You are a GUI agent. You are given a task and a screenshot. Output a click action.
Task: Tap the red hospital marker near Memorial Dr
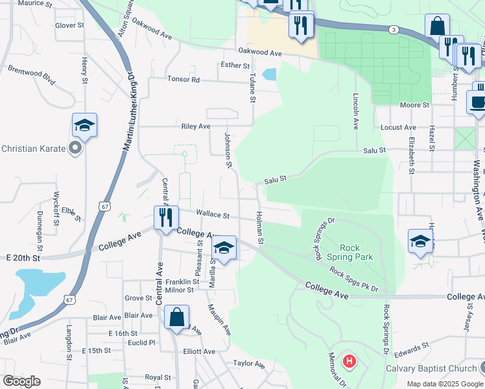pyautogui.click(x=349, y=360)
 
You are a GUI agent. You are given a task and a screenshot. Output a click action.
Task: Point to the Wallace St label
pyautogui.click(x=213, y=215)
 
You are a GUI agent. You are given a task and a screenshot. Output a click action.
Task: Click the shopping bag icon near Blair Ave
pyautogui.click(x=176, y=318)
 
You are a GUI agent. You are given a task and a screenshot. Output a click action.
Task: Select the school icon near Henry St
pyautogui.click(x=84, y=124)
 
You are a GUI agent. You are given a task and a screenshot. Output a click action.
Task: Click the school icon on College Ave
pyautogui.click(x=224, y=248)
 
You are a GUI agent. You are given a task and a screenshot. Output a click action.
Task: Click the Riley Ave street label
pyautogui.click(x=196, y=126)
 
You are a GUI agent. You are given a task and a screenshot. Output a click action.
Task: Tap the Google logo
pyautogui.click(x=21, y=381)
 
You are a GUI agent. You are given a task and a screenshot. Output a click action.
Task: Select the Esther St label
pyautogui.click(x=235, y=65)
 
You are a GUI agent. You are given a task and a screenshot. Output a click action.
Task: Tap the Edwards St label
pyautogui.click(x=408, y=352)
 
